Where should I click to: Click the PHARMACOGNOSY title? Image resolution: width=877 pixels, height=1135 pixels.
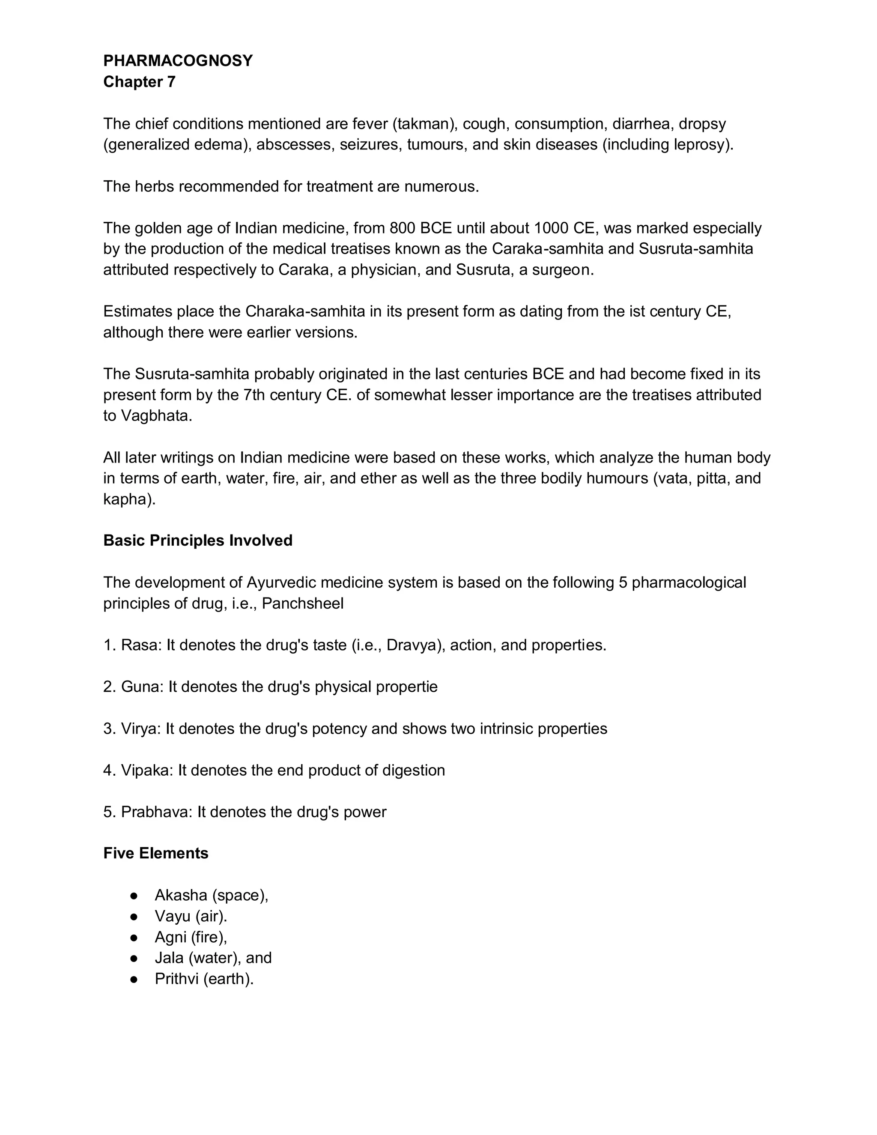178,61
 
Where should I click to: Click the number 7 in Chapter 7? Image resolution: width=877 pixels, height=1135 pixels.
171,82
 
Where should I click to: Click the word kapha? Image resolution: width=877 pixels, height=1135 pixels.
127,499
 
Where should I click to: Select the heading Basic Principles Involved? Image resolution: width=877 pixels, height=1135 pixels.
198,541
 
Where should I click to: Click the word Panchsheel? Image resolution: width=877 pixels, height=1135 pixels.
302,603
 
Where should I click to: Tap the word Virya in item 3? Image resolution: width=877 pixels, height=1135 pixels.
140,729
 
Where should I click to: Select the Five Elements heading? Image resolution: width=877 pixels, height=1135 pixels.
156,853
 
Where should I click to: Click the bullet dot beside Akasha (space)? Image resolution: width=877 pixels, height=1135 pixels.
134,896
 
